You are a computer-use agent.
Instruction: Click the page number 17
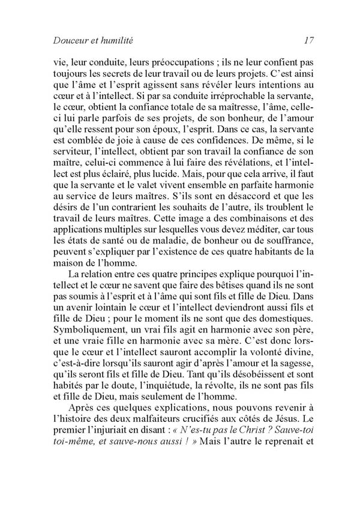point(308,41)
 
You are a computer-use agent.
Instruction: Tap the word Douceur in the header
point(63,41)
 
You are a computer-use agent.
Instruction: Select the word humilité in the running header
point(113,41)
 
